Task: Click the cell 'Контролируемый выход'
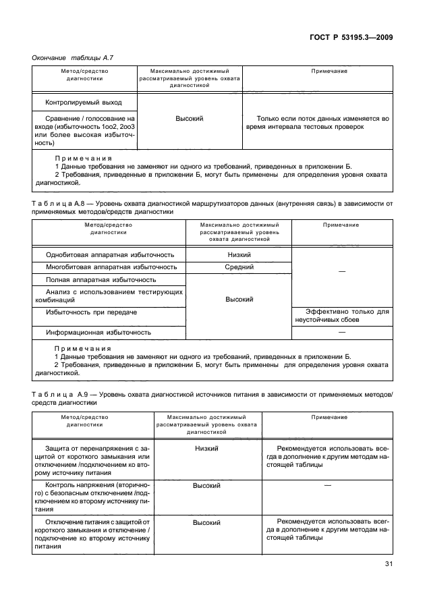(84, 103)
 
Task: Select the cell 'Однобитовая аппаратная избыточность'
(110, 255)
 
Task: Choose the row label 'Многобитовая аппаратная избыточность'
(111, 267)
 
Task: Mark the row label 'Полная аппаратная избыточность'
(101, 279)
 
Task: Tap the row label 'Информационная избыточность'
(98, 333)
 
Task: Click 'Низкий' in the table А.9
(207, 448)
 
